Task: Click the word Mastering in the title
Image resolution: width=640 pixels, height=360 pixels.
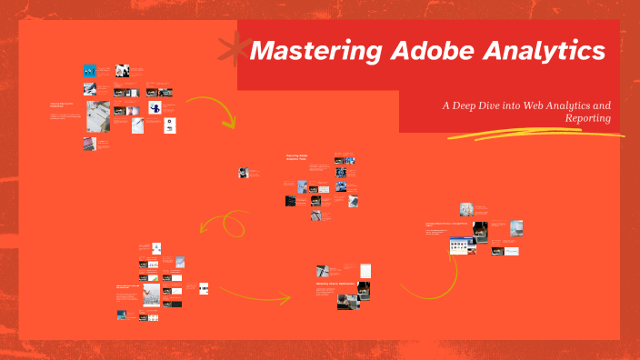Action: pyautogui.click(x=303, y=52)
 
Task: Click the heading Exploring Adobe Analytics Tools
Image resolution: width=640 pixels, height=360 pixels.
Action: pyautogui.click(x=298, y=157)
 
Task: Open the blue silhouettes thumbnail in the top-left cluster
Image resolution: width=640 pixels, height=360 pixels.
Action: pyautogui.click(x=90, y=71)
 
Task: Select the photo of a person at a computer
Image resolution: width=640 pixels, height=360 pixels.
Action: pyautogui.click(x=353, y=293)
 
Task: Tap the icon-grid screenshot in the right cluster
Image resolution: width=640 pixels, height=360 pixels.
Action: pyautogui.click(x=462, y=245)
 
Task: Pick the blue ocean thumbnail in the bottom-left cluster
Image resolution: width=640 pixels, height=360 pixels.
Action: pyautogui.click(x=120, y=315)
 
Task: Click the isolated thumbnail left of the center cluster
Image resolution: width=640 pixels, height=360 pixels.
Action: pyautogui.click(x=244, y=172)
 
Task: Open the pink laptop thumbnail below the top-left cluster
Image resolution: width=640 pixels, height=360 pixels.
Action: pyautogui.click(x=89, y=144)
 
